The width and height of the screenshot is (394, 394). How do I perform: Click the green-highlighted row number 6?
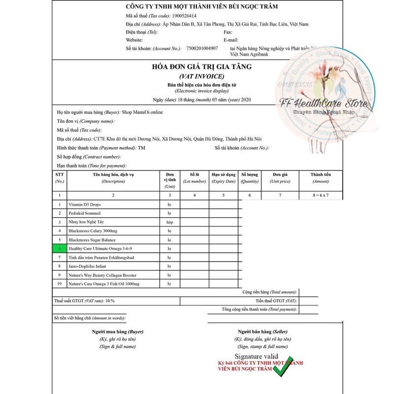[60, 249]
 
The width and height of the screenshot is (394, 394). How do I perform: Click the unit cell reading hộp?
[169, 222]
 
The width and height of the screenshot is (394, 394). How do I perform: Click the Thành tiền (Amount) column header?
[321, 178]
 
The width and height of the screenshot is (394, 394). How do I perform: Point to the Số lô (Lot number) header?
[194, 178]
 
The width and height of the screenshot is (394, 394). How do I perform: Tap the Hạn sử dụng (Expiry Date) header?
[223, 178]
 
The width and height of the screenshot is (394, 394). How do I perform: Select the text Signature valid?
[256, 356]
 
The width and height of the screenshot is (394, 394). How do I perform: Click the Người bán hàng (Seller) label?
[263, 332]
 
